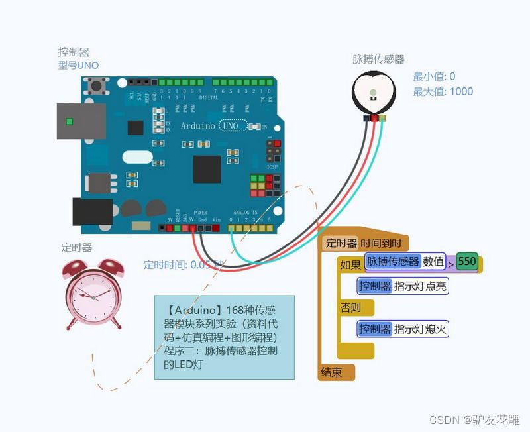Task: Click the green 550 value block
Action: (467, 262)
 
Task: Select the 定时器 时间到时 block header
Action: (365, 243)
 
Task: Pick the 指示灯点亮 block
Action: (403, 286)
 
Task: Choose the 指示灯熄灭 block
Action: (403, 329)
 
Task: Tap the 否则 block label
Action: (351, 308)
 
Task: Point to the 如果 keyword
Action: (350, 265)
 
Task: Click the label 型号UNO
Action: (78, 65)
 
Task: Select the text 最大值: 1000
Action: (443, 91)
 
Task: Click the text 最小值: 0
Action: (434, 76)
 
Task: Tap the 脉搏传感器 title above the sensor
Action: (378, 60)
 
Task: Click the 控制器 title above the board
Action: (74, 51)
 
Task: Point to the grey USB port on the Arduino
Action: (81, 121)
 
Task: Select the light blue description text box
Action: (224, 337)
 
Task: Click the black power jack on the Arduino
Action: (93, 212)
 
